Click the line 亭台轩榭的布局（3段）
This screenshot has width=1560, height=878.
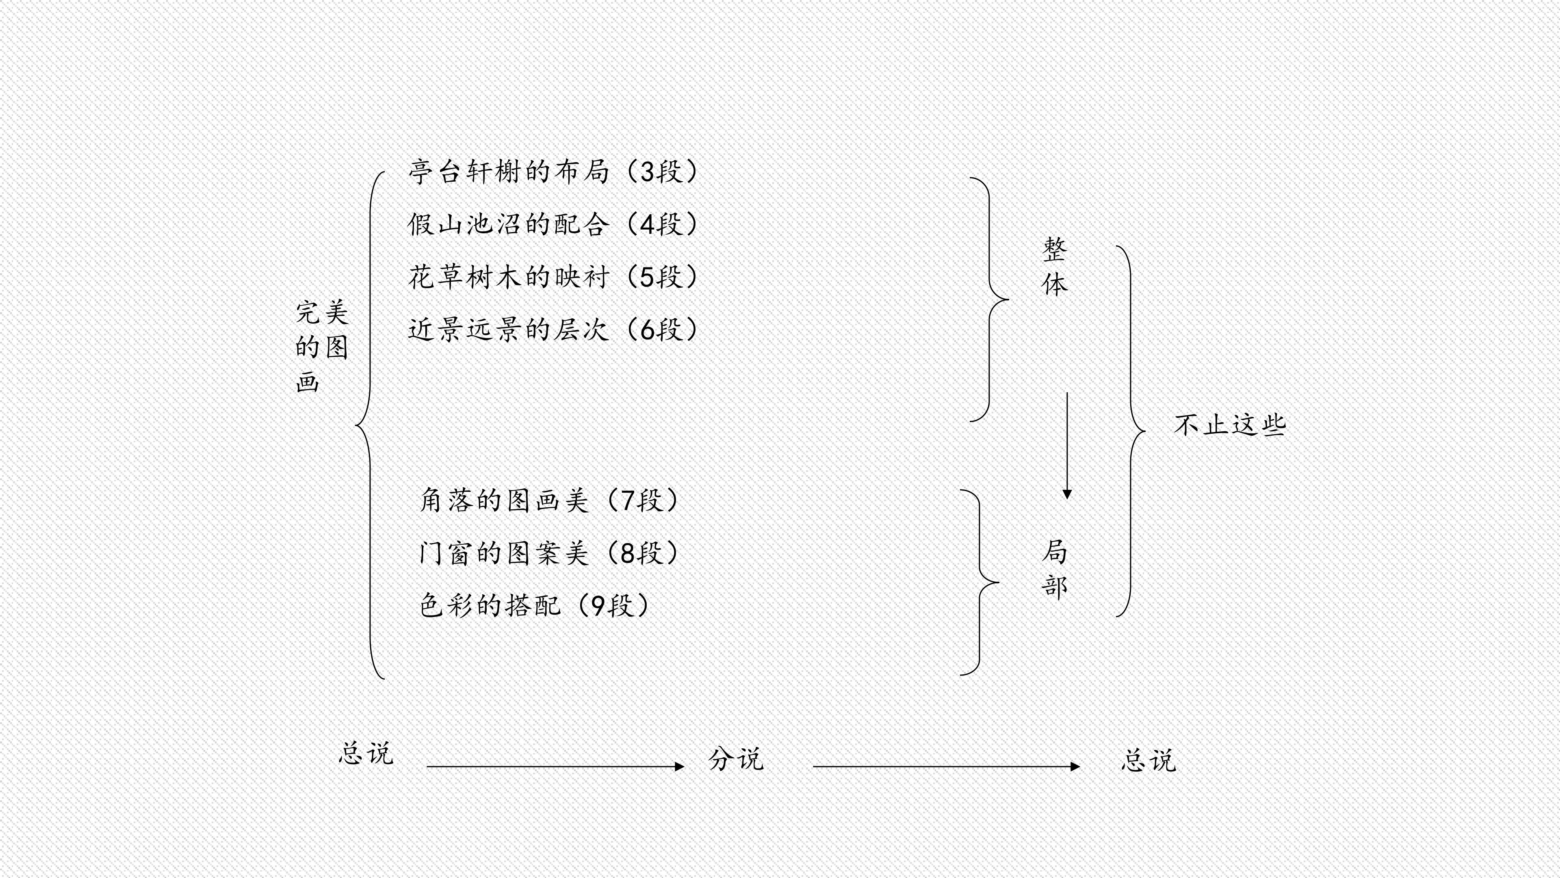pos(553,172)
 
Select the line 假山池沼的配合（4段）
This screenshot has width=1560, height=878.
pos(553,225)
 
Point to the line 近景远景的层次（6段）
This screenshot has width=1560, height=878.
pos(553,330)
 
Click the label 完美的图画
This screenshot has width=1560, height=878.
pos(322,347)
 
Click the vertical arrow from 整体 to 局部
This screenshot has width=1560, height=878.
pos(1067,446)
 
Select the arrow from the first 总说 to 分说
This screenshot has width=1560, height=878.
pos(555,767)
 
